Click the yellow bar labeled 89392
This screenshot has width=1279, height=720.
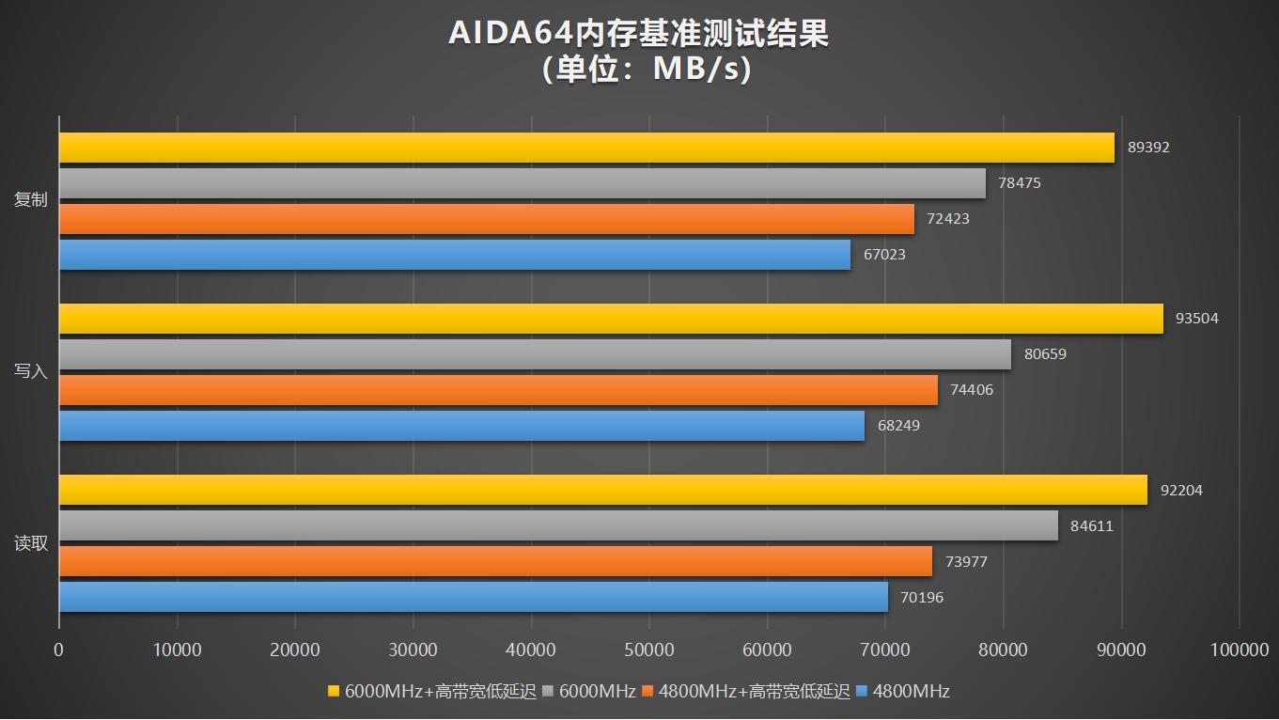[x=586, y=148]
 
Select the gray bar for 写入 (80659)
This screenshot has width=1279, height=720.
[x=535, y=354]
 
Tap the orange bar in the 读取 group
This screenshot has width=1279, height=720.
[x=495, y=561]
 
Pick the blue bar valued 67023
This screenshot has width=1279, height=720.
[x=455, y=255]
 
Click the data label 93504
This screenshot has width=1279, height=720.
[x=1197, y=319]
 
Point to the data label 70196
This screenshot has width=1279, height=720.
[x=922, y=598]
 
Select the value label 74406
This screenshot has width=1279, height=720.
[x=972, y=390]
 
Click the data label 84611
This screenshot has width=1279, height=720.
[x=1092, y=526]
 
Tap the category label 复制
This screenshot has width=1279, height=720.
[x=30, y=200]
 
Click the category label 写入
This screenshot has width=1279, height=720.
[x=30, y=371]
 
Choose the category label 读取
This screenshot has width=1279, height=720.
[x=30, y=543]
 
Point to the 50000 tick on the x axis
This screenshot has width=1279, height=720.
[x=649, y=650]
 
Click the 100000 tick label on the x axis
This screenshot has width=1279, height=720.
[x=1239, y=650]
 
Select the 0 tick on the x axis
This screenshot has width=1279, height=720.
[x=59, y=650]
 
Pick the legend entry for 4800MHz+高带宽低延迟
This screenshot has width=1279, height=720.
[x=744, y=692]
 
